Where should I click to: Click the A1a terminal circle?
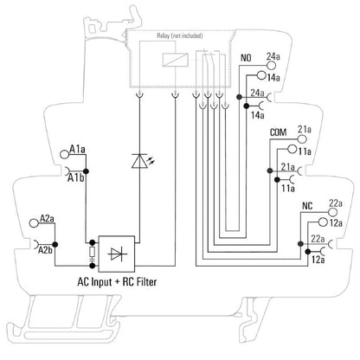pos(64,154)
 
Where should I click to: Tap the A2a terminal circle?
pos(34,223)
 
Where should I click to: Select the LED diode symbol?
pos(139,161)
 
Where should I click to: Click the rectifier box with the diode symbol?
pos(117,254)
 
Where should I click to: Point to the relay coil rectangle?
pos(176,60)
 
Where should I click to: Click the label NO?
pos(246,58)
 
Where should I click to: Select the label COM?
pos(279,132)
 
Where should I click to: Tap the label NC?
pos(307,206)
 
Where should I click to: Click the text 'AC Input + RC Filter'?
pos(117,281)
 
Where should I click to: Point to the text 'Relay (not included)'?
pos(180,35)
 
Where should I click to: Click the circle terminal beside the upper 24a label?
pos(271,66)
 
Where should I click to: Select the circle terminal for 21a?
pos(302,139)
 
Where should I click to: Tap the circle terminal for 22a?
pos(332,212)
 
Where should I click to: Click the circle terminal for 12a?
pos(323,222)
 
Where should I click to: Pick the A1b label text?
pos(75,178)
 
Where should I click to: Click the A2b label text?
pos(45,250)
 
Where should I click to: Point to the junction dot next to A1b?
pos(86,171)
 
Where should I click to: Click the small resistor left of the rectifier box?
pos(93,252)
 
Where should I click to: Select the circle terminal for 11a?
pos(292,150)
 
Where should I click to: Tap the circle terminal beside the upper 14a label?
pos(261,75)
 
